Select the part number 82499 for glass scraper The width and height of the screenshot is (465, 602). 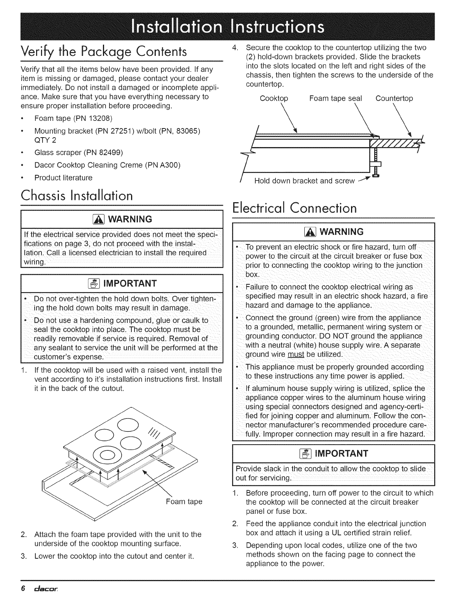[x=110, y=153]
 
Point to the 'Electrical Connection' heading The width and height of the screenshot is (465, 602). [x=294, y=208]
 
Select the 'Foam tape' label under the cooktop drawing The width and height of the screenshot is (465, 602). [x=184, y=502]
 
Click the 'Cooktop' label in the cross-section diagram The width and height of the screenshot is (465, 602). [x=274, y=99]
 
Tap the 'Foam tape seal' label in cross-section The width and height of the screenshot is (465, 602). [x=336, y=99]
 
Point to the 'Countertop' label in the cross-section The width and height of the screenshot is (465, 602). [x=394, y=99]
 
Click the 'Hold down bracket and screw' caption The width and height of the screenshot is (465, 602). [x=304, y=181]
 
